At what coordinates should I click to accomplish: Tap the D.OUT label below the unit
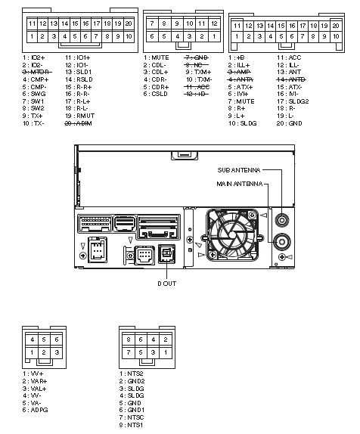tap(167, 284)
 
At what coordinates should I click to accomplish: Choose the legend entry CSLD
tap(160, 94)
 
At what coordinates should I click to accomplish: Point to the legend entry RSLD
tap(81, 79)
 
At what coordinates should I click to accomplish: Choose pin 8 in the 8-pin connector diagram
tap(131, 339)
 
